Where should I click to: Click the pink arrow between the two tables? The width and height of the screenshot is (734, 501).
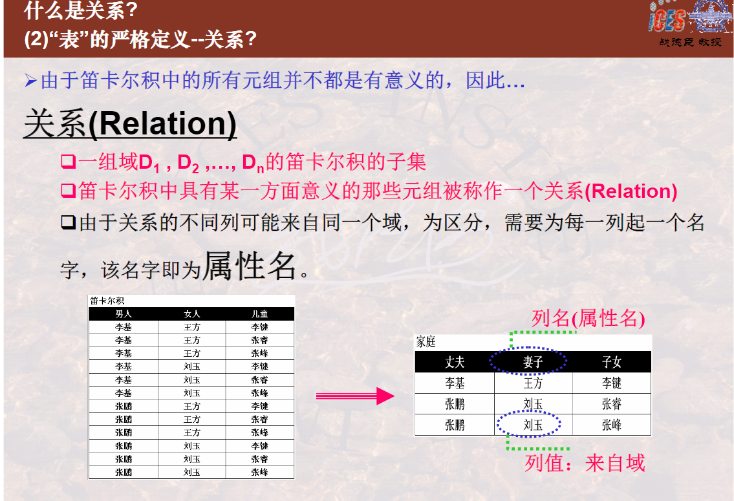355,396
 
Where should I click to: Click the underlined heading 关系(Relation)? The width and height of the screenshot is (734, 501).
130,123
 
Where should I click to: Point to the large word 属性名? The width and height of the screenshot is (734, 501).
250,266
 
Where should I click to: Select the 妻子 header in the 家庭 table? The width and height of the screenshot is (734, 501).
533,361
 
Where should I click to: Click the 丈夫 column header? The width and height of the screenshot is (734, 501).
455,361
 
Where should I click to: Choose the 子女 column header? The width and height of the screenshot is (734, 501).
611,361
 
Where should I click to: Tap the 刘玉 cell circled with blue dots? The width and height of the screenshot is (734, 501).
533,425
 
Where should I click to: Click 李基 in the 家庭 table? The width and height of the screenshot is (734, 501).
455,383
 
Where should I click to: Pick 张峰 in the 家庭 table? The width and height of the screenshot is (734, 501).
611,425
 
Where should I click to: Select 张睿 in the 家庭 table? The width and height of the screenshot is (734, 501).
611,403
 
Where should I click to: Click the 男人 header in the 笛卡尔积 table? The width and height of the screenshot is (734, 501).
124,314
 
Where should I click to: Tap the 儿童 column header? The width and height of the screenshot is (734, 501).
259,314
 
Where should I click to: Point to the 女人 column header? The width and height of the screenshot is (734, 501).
192,314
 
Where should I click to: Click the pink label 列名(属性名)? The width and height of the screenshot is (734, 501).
588,319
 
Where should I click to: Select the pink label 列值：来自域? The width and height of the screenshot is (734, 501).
585,463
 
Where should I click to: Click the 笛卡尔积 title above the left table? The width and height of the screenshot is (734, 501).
107,301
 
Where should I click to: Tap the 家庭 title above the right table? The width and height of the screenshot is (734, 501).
426,342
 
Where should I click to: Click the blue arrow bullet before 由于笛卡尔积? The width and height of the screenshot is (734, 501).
31,81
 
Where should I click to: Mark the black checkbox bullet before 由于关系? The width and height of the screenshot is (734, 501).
69,222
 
